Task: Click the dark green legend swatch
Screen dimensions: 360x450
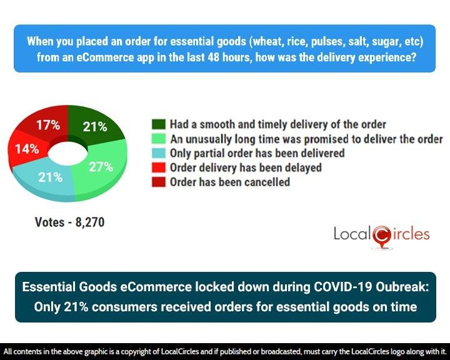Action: click(158, 124)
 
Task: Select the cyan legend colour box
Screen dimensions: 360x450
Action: click(158, 152)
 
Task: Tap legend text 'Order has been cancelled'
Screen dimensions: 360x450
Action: click(230, 182)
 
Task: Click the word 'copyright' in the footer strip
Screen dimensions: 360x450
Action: click(134, 351)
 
